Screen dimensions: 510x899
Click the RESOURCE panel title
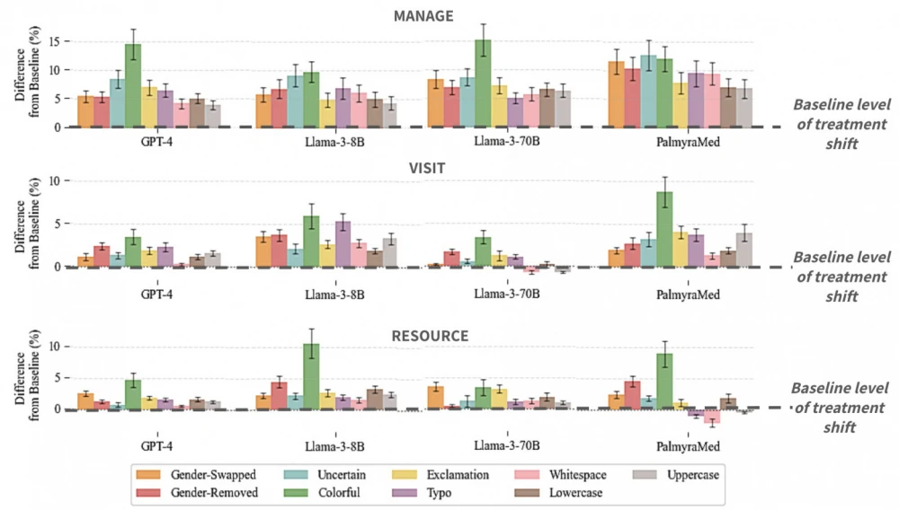tap(430, 336)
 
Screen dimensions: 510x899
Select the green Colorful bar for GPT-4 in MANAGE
tap(133, 85)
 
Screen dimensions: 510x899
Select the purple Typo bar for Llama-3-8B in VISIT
tap(343, 243)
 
